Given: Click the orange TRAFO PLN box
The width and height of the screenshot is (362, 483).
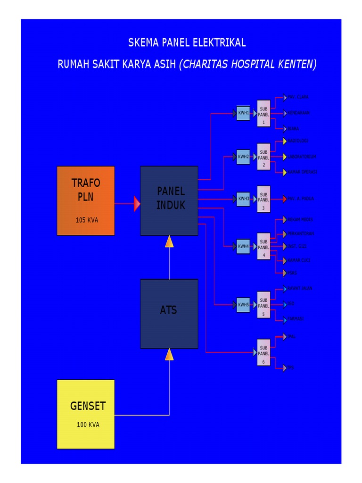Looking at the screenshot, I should click(x=85, y=200).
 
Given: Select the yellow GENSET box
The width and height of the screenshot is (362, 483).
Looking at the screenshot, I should click(x=85, y=414).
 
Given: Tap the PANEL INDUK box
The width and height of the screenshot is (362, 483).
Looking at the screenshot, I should click(x=169, y=200).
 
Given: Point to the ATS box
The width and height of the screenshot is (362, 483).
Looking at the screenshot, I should click(x=169, y=314).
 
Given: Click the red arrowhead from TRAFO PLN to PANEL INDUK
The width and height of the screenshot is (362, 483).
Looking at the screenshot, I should click(x=137, y=204).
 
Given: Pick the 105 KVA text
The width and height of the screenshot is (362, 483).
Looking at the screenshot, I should click(x=87, y=220).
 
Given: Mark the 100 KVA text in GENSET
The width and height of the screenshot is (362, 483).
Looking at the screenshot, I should click(x=88, y=425).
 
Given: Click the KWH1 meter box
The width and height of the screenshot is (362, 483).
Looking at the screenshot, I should click(x=243, y=113).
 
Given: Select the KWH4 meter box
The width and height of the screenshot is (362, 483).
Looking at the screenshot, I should click(x=243, y=246).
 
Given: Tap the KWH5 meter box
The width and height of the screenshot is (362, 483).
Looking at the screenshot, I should click(x=243, y=305).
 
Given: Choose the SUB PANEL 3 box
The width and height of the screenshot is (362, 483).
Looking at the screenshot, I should click(x=264, y=199).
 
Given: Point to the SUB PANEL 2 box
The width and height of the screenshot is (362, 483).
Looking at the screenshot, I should click(x=264, y=157).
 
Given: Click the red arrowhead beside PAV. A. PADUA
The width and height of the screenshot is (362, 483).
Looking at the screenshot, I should click(x=285, y=199).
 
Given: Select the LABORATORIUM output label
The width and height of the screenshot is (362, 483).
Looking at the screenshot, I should click(x=302, y=157).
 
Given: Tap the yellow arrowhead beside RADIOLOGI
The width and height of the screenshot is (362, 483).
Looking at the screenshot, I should click(x=285, y=141).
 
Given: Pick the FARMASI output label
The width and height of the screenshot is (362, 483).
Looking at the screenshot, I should click(x=296, y=319).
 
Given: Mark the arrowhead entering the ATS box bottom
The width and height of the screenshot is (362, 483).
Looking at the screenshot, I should click(x=169, y=354).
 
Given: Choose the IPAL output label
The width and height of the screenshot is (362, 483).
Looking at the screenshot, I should click(x=292, y=337).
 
